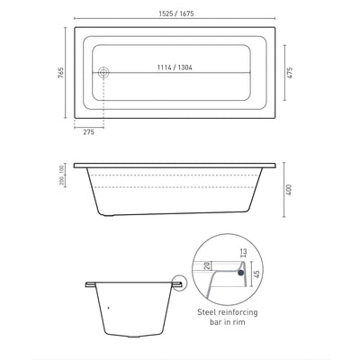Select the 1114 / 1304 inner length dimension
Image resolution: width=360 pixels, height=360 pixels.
tap(176, 67)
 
